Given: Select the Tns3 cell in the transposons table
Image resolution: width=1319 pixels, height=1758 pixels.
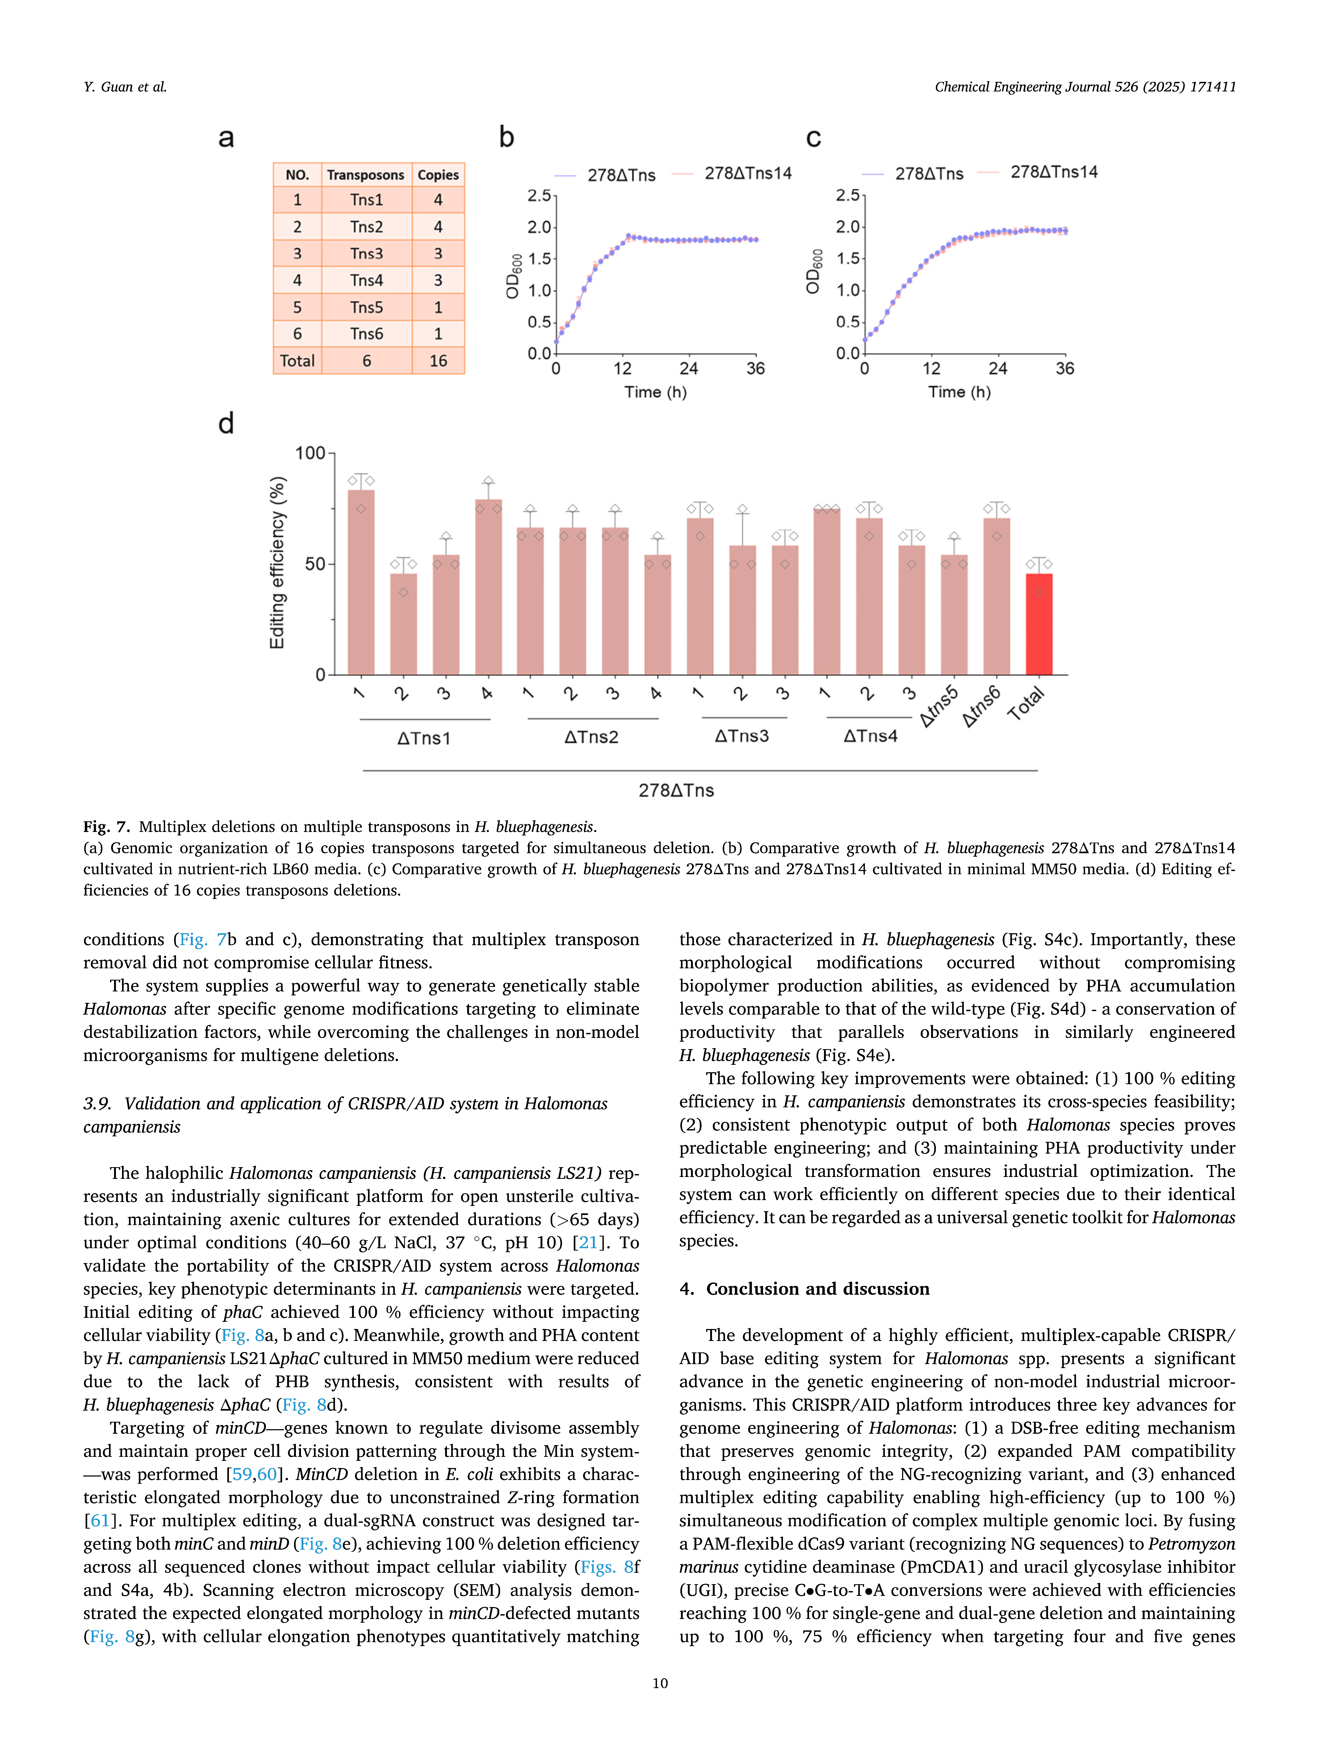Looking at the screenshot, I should (367, 254).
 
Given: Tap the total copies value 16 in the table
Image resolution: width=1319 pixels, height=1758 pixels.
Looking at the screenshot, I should (438, 361).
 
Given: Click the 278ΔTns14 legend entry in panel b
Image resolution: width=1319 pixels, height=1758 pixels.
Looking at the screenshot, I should (747, 173).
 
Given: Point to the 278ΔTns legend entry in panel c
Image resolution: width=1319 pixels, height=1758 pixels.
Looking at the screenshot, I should (929, 173).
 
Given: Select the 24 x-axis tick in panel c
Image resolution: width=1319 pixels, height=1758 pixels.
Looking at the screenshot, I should (998, 369).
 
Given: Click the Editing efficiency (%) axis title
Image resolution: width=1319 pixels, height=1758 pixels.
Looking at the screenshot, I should (277, 563).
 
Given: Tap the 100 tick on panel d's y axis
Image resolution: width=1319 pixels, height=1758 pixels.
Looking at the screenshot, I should (310, 453).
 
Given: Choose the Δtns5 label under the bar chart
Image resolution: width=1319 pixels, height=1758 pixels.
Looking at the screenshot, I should (939, 706).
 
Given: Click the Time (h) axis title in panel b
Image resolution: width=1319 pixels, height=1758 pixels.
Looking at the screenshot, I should (655, 392).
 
